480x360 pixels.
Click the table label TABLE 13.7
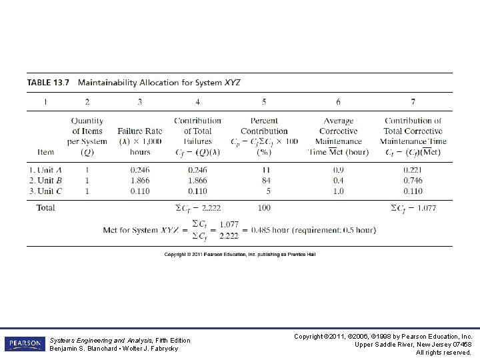(49, 83)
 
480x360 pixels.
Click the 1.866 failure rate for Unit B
(140, 180)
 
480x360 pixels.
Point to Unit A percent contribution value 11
(264, 170)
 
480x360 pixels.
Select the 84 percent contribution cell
(264, 180)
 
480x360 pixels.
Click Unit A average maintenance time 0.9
(339, 170)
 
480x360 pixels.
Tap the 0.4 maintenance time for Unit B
(339, 180)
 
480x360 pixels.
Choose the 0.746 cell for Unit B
(413, 180)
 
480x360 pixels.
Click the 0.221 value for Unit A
(413, 170)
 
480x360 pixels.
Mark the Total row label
(45, 207)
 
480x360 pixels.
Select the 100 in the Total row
(264, 207)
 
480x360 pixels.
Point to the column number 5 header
(264, 102)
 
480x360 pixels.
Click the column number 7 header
(413, 102)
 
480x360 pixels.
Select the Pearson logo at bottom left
(23, 343)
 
